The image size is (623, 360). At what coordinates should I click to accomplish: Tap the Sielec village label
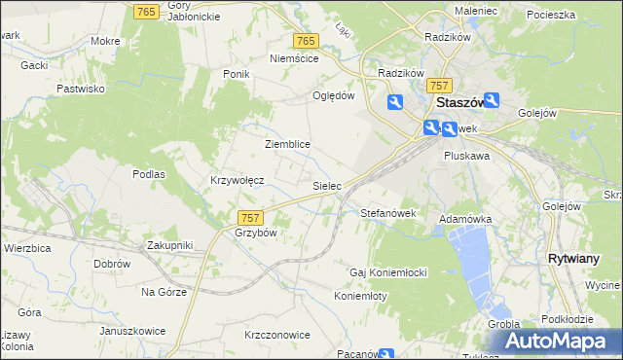coord(326,184)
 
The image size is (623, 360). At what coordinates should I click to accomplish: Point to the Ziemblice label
coord(287,144)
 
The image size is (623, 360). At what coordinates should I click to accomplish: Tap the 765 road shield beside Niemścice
coord(305,41)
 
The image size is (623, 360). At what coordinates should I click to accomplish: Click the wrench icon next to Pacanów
coord(387,355)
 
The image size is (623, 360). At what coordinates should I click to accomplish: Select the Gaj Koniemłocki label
coord(388,270)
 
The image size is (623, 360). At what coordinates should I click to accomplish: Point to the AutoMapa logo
coord(563,342)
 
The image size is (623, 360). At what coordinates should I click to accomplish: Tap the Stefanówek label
coord(388,212)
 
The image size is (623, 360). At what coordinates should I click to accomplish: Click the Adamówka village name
coord(465,220)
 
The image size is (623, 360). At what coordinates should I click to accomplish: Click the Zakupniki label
coord(169,245)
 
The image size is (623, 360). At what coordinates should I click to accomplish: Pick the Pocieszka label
coord(551,16)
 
